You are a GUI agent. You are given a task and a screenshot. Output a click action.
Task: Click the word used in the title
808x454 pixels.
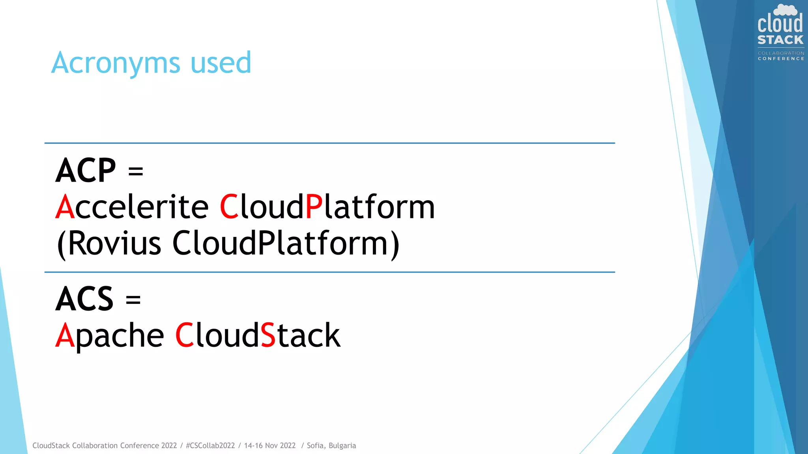(x=221, y=63)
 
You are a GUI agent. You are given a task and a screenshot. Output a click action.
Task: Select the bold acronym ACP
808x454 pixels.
(x=86, y=171)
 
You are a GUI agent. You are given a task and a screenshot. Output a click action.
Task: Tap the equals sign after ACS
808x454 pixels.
(x=133, y=300)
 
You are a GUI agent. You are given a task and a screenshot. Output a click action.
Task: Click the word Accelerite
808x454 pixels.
(x=132, y=207)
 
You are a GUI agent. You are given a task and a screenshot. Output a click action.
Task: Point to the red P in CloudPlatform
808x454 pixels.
(x=314, y=207)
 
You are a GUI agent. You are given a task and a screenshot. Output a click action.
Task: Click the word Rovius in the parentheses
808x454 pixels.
(x=114, y=243)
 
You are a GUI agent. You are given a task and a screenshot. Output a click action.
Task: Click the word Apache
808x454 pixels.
(x=110, y=336)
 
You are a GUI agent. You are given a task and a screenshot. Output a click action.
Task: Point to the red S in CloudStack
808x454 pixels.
(x=268, y=335)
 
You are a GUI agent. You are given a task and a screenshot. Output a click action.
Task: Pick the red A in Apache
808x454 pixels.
(x=65, y=335)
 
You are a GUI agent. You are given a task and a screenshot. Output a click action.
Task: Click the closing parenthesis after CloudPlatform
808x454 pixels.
(x=395, y=244)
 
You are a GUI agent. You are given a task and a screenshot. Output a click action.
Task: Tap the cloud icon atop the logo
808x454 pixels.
(x=785, y=10)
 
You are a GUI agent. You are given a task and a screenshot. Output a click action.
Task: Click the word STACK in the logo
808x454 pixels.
(x=780, y=40)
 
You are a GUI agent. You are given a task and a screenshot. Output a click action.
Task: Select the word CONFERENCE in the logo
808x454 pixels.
(x=781, y=59)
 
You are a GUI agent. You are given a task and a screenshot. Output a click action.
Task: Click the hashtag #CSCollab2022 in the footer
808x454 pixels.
(x=210, y=446)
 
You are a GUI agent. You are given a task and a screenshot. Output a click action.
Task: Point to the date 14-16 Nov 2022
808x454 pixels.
(x=270, y=446)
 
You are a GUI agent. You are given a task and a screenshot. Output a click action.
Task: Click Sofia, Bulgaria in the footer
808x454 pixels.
(x=331, y=446)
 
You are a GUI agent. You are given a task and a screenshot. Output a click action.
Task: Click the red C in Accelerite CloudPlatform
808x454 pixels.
(x=229, y=207)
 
